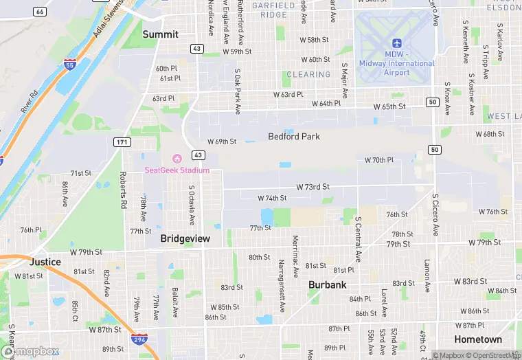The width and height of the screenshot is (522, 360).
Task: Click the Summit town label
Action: tap(160, 34)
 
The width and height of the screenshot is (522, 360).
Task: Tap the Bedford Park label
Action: tap(294, 136)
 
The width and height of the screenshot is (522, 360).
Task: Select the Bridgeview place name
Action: tap(185, 238)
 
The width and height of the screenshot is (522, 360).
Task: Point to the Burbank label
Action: tap(327, 284)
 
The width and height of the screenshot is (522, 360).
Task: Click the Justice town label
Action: tap(45, 262)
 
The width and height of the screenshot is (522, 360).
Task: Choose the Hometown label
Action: tap(478, 339)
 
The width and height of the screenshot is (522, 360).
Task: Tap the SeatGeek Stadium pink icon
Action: tap(177, 159)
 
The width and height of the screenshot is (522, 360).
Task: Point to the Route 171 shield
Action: tap(122, 142)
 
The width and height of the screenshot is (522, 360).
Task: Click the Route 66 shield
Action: tap(41, 12)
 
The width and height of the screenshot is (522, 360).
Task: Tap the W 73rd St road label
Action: tap(313, 187)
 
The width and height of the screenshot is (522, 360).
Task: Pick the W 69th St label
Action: tap(222, 142)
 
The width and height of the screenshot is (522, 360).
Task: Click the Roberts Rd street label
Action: tap(124, 190)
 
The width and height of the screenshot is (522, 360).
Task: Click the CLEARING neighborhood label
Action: tap(308, 75)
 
